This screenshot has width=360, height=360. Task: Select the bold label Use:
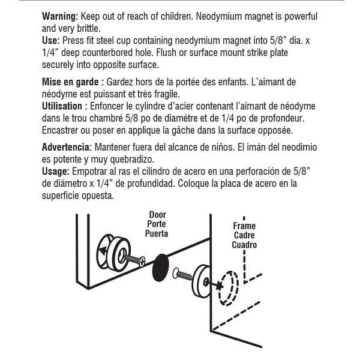click(x=52, y=40)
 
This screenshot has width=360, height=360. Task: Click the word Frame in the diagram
click(x=244, y=226)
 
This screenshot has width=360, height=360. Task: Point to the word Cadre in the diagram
click(x=244, y=236)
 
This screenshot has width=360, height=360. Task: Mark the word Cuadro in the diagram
click(x=244, y=245)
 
